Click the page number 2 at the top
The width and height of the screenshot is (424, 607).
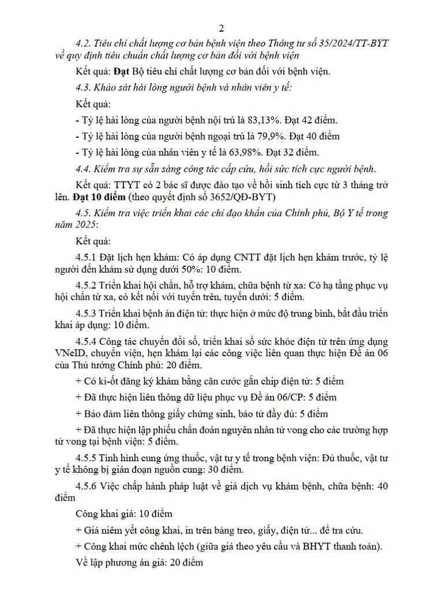coord(222,28)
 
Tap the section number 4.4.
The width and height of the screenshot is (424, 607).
coord(84,169)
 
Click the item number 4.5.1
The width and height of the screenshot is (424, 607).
coord(87,255)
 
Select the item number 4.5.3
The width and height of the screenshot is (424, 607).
coord(87,314)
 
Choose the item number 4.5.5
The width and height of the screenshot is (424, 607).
coord(87,458)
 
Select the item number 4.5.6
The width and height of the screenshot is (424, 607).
coord(87,486)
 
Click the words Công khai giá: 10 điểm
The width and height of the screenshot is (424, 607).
coord(124,514)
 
